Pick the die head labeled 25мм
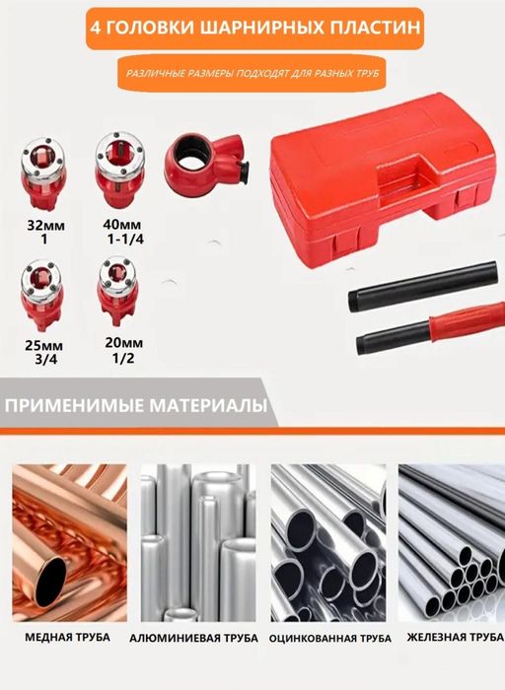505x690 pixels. click(x=43, y=291)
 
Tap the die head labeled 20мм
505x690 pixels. click(x=116, y=286)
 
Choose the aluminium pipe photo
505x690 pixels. click(x=197, y=539)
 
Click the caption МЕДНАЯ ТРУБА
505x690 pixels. click(x=68, y=637)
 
